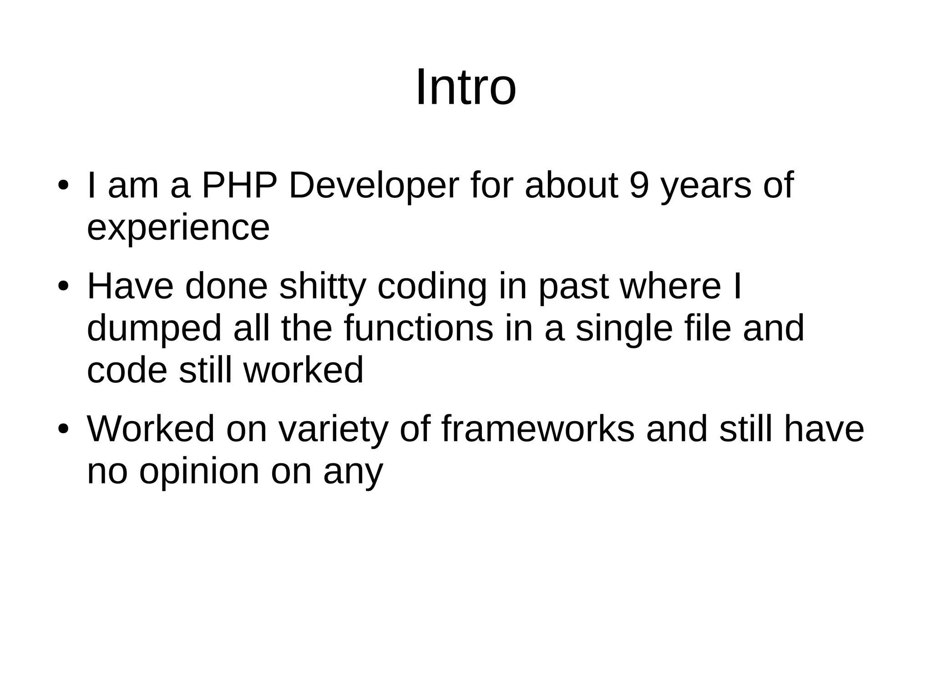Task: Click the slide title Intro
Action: [466, 87]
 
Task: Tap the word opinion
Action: [199, 472]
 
